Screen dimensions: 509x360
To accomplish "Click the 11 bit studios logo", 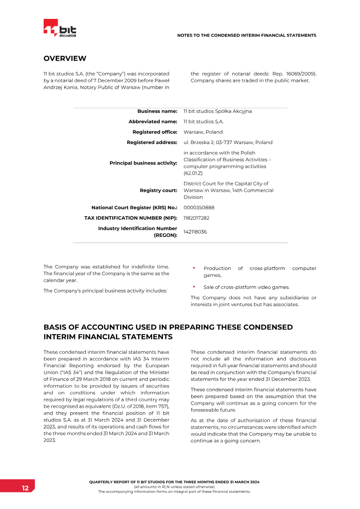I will [x=60, y=29].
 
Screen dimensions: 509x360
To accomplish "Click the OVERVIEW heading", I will [x=65, y=59].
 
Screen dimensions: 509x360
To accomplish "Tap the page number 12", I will [x=25, y=488].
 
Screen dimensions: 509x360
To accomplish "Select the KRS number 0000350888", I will [x=199, y=207].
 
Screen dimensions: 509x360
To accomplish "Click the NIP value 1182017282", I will [x=196, y=218].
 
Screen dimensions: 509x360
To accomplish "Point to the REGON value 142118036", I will [x=195, y=232].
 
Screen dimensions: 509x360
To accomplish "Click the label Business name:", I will [x=157, y=111].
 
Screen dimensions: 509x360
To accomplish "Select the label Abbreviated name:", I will [x=153, y=122].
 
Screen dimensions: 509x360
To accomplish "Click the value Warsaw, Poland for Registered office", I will [x=203, y=132].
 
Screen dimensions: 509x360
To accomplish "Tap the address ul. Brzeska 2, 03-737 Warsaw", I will [x=228, y=142].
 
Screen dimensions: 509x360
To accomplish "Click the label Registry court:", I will [x=158, y=190].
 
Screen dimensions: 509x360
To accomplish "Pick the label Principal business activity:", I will [x=143, y=163].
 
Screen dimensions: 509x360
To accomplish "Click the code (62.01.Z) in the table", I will [x=193, y=173].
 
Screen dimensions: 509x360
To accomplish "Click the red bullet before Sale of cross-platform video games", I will [x=194, y=286].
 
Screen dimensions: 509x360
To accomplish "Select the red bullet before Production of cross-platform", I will [x=194, y=268].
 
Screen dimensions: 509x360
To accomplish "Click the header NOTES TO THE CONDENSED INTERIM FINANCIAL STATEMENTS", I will [x=247, y=35].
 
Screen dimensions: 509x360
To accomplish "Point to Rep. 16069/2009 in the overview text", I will [x=294, y=73].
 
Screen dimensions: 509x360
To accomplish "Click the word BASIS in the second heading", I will [x=56, y=328].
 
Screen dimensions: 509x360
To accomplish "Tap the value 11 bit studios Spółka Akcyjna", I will [x=217, y=111].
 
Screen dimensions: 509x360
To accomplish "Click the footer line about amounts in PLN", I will [x=174, y=487].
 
